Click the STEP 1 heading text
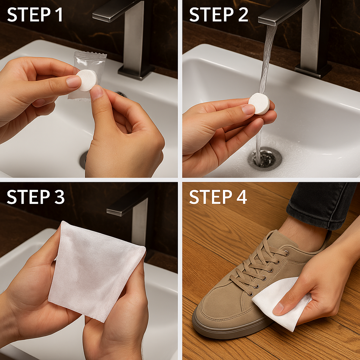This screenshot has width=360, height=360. pos(35,15)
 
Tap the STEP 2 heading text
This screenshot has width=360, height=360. pos(219,15)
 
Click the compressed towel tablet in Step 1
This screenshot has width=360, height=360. pos(87,80)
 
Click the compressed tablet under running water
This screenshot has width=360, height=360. pos(259,103)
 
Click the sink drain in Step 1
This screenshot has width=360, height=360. pos(84,160)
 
